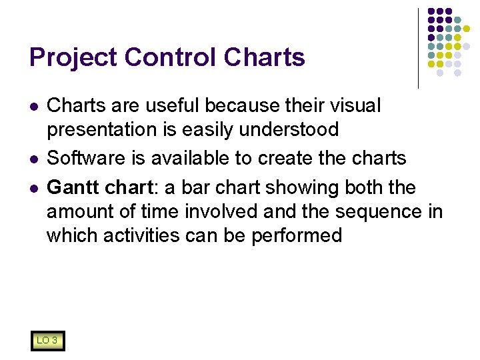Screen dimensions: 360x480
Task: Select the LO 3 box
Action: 47,341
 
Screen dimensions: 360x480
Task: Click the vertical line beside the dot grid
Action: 418,48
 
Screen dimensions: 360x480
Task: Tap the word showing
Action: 301,188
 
